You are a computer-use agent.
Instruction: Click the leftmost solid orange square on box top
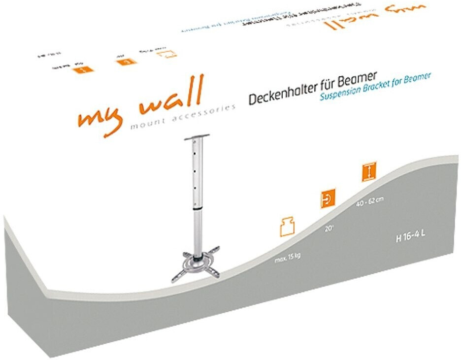pyautogui.click(x=82, y=69)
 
